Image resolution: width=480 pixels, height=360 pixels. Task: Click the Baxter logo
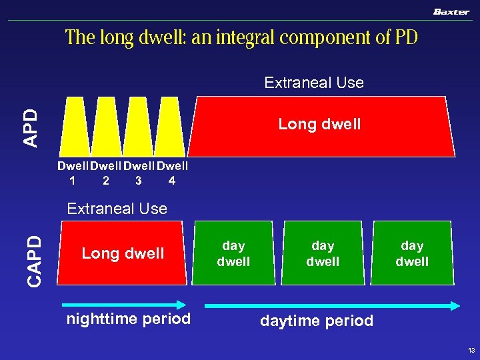pos(451,11)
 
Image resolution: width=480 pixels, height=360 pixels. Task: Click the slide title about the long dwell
pos(241,37)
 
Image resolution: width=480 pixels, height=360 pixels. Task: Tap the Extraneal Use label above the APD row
pos(314,83)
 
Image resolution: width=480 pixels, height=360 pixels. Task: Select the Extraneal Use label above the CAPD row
pos(117,209)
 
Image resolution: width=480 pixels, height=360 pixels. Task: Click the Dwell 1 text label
pos(73,173)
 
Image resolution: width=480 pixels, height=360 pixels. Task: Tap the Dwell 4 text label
pos(172,173)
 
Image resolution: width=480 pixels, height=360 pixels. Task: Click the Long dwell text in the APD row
pos(319,124)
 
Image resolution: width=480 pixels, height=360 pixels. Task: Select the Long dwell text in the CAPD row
pos(123,253)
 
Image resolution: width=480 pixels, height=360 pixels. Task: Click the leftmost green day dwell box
pos(233,254)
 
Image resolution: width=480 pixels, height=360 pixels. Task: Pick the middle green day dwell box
pos(323,254)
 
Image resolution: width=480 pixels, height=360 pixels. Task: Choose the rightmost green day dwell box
pos(412,254)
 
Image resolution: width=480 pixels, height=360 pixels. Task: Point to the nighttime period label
pos(129,319)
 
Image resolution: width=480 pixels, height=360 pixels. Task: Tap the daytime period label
pos(317,321)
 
